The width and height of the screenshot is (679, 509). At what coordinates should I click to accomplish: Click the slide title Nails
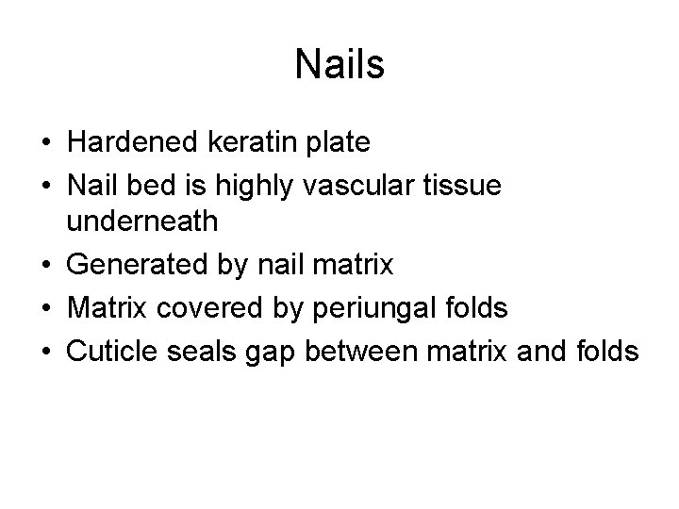click(339, 64)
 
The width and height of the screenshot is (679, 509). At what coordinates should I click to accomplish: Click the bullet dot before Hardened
click(44, 144)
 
